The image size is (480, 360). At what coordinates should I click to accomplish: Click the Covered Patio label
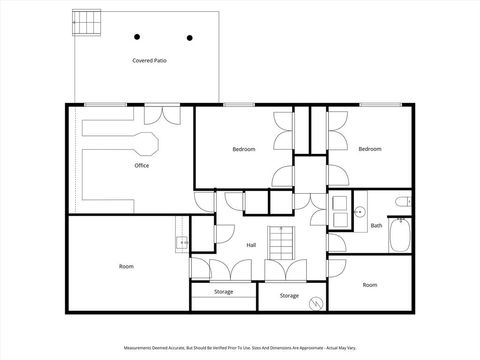tap(148, 61)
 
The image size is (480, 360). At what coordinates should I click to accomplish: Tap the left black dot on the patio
tap(137, 38)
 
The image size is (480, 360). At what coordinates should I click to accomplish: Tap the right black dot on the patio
tap(189, 38)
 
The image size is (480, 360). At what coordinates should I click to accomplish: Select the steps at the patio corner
tap(87, 22)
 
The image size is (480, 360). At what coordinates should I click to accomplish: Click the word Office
tap(142, 166)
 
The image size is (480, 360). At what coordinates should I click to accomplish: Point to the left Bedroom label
tap(244, 149)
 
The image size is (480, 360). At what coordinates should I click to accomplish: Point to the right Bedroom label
tap(370, 149)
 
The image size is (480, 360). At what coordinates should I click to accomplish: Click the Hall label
tap(252, 244)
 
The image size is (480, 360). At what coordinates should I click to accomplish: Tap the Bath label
tap(377, 226)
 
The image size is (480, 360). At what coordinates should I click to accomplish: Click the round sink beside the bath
tap(359, 211)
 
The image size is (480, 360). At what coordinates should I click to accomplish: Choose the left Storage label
tap(224, 292)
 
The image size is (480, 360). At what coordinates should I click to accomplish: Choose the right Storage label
tap(289, 296)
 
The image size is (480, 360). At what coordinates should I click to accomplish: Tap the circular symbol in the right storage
tap(316, 302)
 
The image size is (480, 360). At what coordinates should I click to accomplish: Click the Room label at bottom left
tap(126, 266)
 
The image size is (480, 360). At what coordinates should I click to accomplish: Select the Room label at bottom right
tap(370, 285)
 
